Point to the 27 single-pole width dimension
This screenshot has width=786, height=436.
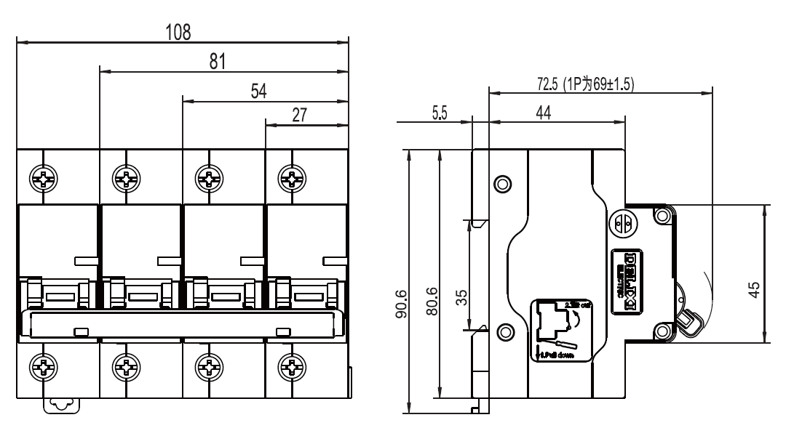click(x=299, y=115)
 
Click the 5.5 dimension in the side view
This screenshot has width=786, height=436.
click(x=440, y=113)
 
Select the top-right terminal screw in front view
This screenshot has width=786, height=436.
click(x=293, y=177)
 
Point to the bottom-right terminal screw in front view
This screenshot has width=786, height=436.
click(x=293, y=367)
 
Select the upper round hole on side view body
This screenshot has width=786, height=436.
click(x=501, y=182)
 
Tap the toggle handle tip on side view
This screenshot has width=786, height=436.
click(x=688, y=320)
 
